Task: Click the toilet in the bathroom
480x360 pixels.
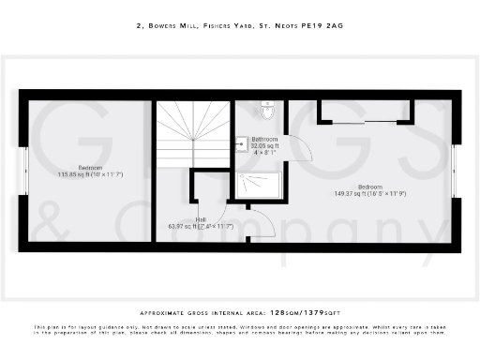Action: coord(269,112)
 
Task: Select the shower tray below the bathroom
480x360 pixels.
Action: coord(261,187)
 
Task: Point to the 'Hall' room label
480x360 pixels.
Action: coord(201,219)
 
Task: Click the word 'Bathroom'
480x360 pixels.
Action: coord(264,139)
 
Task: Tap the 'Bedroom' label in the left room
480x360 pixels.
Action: coord(91,167)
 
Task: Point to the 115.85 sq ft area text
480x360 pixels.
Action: coord(91,174)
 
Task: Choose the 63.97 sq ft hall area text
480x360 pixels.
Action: coord(200,226)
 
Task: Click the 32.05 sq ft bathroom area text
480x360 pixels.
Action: coord(264,145)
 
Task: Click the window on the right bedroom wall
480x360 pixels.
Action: coord(455,170)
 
